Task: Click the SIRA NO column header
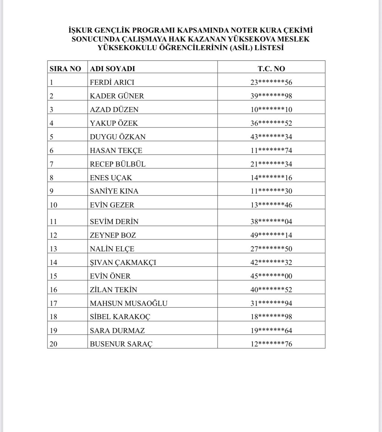65,69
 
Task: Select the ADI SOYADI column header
112,69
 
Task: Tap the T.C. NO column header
271,69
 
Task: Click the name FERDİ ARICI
112,82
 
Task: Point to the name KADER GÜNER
117,96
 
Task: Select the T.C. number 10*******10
271,110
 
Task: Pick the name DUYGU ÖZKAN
118,137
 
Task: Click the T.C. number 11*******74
271,151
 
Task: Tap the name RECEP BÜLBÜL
118,164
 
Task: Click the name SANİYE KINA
114,191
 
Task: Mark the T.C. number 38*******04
271,222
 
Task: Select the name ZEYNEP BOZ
113,235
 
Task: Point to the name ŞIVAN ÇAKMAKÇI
123,263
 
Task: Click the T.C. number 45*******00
271,276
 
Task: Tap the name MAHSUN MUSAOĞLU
129,303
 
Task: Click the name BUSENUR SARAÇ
121,344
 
